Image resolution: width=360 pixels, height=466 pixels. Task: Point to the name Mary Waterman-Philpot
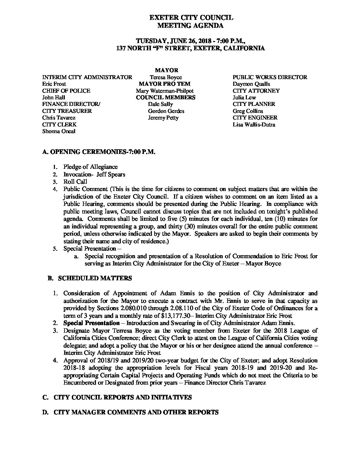click(164, 91)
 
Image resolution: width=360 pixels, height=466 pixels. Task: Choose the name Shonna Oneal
click(59, 131)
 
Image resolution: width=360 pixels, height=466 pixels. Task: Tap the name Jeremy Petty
click(163, 118)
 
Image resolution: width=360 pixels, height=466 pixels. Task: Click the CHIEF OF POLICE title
click(66, 91)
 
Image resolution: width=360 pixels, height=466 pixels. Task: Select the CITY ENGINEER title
click(255, 118)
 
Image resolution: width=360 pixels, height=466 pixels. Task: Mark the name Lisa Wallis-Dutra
click(254, 125)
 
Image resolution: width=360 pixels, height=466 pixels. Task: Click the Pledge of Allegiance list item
click(90, 167)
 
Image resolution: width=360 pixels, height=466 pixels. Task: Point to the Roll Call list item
click(75, 182)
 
